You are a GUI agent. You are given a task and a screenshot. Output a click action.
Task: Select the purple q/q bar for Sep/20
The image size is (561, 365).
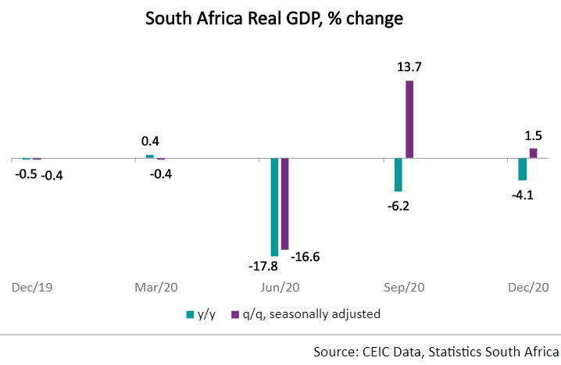coord(409,120)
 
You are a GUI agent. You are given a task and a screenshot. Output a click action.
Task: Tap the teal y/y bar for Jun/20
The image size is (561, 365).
coord(274,207)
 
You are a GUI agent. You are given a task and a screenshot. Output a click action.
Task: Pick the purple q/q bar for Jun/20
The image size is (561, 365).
coord(285,204)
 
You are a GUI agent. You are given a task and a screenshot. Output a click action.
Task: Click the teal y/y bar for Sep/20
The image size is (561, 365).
coord(398,175)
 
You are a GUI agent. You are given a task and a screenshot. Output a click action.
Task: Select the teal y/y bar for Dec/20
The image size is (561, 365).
coord(522,170)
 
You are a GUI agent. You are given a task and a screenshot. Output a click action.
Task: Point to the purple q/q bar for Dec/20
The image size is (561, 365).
coord(533,153)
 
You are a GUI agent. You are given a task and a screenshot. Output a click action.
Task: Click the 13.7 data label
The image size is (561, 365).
coord(409,67)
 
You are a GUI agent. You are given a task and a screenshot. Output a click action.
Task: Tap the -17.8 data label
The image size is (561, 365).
coord(263,267)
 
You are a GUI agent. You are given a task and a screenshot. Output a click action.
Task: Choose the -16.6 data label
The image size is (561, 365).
coord(305,256)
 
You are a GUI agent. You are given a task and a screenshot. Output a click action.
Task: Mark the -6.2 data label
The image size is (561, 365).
coord(397,206)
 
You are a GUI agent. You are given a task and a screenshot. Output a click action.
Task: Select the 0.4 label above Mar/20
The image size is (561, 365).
coord(150,141)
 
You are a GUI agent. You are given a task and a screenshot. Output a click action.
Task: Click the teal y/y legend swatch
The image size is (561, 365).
coord(190,315)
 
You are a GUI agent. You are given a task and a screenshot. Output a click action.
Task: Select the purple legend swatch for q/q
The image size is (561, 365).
coord(234,315)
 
